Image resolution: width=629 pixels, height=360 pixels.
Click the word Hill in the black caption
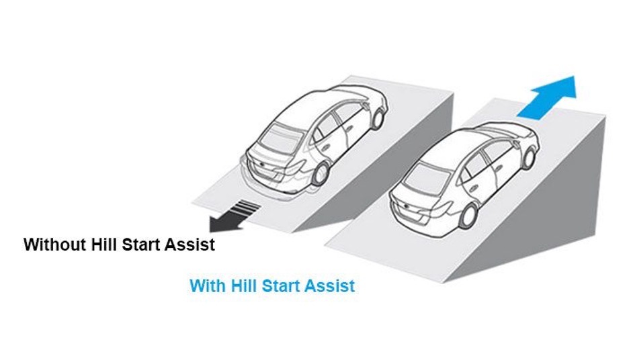pyautogui.click(x=104, y=244)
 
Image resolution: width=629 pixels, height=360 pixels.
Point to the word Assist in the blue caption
pyautogui.click(x=329, y=286)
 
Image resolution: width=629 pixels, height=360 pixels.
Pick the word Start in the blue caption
pyautogui.click(x=280, y=286)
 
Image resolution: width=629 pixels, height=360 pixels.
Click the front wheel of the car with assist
pyautogui.click(x=529, y=158)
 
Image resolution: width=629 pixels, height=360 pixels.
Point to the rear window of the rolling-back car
pyautogui.click(x=280, y=138)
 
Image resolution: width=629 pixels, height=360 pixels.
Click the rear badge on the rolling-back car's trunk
pyautogui.click(x=261, y=165)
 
